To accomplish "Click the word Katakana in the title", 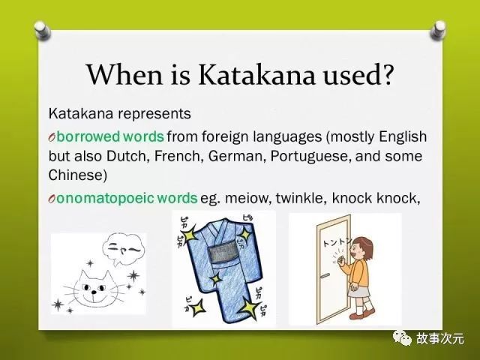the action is [x=256, y=74].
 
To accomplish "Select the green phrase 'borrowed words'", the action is [x=110, y=136].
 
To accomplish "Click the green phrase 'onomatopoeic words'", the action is [x=127, y=198].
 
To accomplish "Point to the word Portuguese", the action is [x=310, y=157].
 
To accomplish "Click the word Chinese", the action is [x=77, y=175].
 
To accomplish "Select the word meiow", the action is [x=248, y=198].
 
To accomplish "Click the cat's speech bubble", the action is [x=123, y=250].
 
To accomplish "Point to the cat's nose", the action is [x=94, y=292].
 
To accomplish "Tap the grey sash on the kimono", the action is [x=223, y=253].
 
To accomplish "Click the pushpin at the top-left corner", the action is [x=42, y=30].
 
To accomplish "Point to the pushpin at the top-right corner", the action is [x=438, y=30].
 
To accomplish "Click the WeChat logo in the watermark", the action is [x=402, y=338].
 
